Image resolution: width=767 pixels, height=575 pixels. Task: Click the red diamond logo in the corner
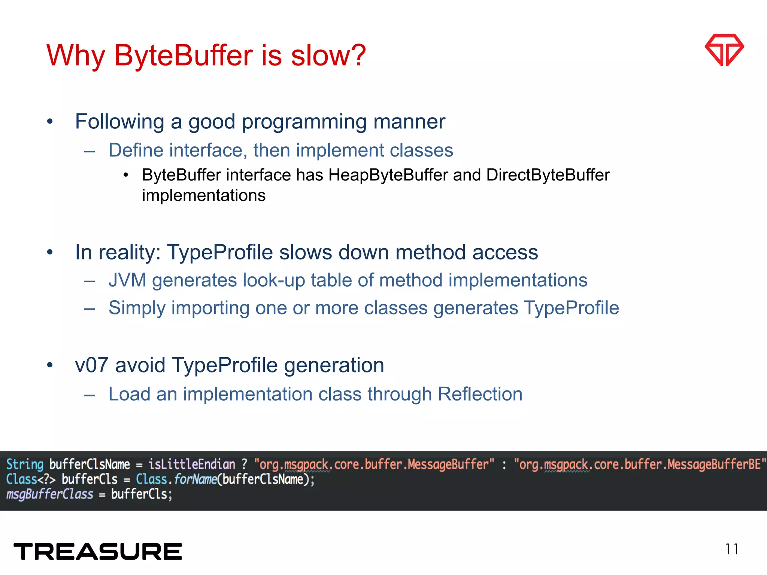[x=724, y=50]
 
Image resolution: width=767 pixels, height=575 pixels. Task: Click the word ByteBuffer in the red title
[x=184, y=55]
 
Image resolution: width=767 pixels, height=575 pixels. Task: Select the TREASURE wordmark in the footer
[x=98, y=552]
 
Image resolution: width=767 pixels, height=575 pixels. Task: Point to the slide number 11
[x=731, y=549]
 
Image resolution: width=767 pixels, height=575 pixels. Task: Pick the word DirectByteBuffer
[x=548, y=175]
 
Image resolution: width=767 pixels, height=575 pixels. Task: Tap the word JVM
[x=127, y=280]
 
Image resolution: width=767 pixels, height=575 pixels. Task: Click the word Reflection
[x=480, y=394]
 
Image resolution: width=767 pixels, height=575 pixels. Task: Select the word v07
[x=92, y=365]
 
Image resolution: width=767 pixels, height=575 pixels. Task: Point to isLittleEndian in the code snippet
[x=192, y=465]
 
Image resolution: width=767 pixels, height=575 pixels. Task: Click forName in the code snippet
[x=195, y=480]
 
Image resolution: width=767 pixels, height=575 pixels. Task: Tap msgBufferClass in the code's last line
[x=49, y=495]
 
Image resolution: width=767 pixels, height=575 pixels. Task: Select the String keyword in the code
[x=25, y=465]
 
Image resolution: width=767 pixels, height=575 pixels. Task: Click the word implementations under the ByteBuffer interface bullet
[x=204, y=195]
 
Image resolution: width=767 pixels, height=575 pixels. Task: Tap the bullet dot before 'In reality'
[x=50, y=252]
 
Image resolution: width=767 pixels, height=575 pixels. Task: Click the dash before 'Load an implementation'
[x=90, y=395]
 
